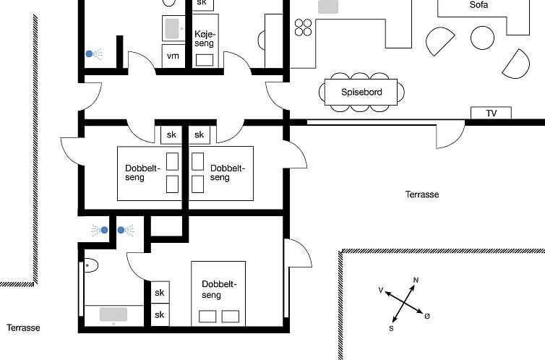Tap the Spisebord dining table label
pyautogui.click(x=361, y=93)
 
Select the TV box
pyautogui.click(x=491, y=113)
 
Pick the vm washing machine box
pyautogui.click(x=173, y=56)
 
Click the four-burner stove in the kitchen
pyautogui.click(x=303, y=27)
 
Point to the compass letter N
pyautogui.click(x=416, y=280)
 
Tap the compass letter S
pyautogui.click(x=392, y=328)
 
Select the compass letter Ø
pyautogui.click(x=427, y=316)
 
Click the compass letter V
pyautogui.click(x=380, y=290)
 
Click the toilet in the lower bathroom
pyautogui.click(x=90, y=265)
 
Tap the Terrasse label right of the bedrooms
pyautogui.click(x=422, y=194)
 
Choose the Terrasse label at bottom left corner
pyautogui.click(x=23, y=327)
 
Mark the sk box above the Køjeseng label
pyautogui.click(x=204, y=4)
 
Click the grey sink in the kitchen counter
pyautogui.click(x=329, y=7)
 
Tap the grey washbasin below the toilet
pyautogui.click(x=113, y=314)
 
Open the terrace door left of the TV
pyautogui.click(x=450, y=134)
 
